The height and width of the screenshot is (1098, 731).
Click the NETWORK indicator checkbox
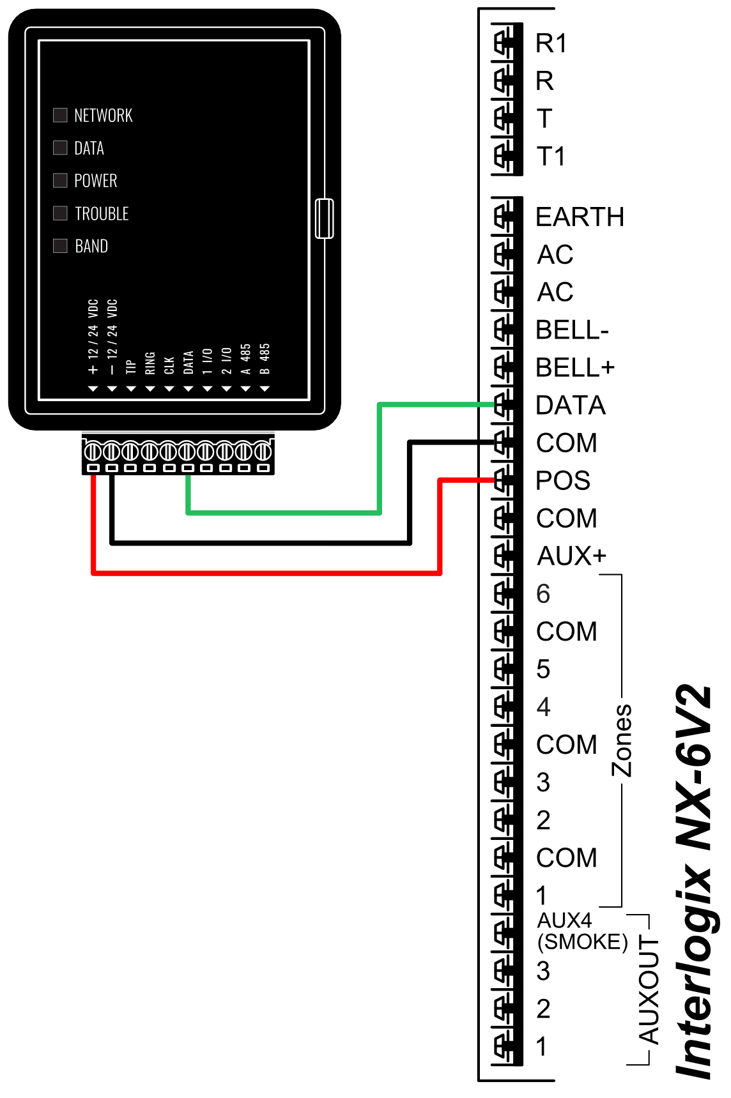point(60,115)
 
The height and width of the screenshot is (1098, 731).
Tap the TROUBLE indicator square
point(60,213)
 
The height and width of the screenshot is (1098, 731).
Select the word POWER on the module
point(96,181)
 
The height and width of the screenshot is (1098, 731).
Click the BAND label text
point(91,246)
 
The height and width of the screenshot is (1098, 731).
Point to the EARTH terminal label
point(580,217)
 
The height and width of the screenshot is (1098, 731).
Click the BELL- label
point(572,330)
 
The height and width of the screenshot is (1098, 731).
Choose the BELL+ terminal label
point(575,368)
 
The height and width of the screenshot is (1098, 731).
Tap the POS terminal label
point(563,481)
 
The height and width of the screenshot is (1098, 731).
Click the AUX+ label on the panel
point(571,556)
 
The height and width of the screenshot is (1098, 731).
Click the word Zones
point(622,740)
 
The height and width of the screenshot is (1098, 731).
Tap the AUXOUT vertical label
point(649,990)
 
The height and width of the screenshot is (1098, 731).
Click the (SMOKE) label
point(582,942)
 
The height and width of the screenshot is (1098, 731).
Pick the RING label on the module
point(150,363)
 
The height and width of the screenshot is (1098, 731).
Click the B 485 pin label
point(265,359)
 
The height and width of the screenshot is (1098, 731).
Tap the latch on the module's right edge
point(325,218)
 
